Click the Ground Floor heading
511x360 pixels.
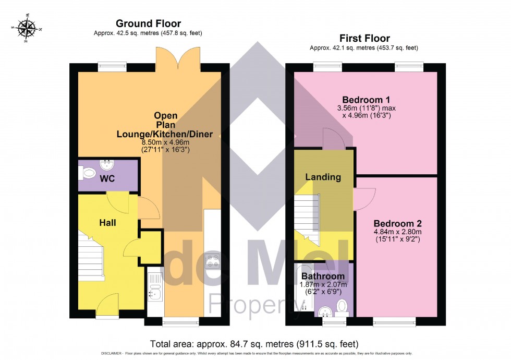[x=148, y=23]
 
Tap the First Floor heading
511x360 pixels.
[x=364, y=38]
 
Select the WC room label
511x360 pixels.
[x=107, y=179]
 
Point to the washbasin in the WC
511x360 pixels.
[x=108, y=165]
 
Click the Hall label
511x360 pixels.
[x=107, y=223]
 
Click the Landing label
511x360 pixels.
[x=323, y=177]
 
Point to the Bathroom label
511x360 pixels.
[x=323, y=276]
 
